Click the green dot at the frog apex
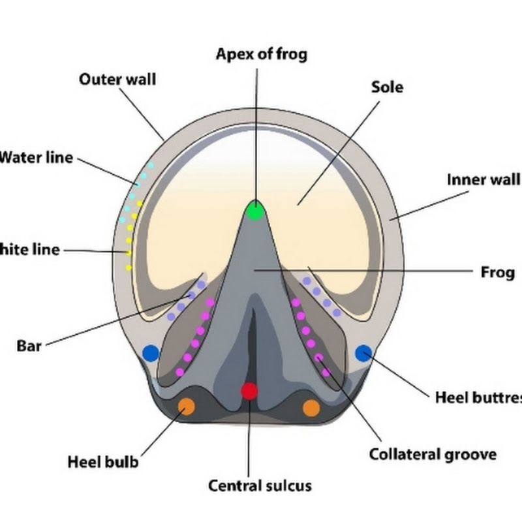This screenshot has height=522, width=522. click(255, 210)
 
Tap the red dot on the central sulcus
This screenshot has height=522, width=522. click(249, 391)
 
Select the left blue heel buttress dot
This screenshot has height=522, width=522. click(151, 354)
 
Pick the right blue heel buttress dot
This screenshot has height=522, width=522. click(363, 353)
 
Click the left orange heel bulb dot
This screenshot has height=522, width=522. click(187, 407)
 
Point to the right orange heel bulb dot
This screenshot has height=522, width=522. click(311, 408)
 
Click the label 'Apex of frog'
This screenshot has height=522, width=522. click(261, 54)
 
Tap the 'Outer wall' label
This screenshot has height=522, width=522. click(117, 80)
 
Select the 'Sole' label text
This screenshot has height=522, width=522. click(387, 87)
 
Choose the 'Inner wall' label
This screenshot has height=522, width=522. click(484, 179)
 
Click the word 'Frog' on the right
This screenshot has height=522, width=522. click(497, 272)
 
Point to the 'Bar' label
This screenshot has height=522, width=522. click(29, 345)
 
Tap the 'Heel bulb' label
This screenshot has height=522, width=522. click(103, 463)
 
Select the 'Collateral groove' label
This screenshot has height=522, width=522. click(433, 454)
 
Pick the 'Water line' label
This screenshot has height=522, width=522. click(37, 158)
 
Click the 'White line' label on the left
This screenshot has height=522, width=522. click(30, 249)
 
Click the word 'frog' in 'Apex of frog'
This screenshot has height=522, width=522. click(292, 54)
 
